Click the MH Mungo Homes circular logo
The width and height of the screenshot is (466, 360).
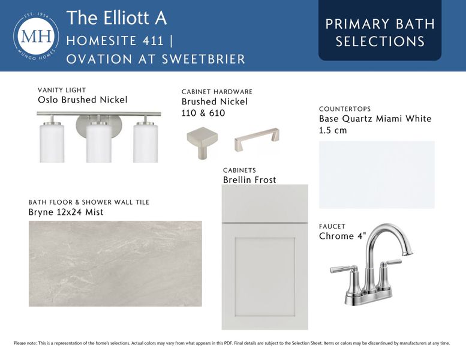pyautogui.click(x=35, y=36)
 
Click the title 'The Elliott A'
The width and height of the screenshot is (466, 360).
pyautogui.click(x=116, y=17)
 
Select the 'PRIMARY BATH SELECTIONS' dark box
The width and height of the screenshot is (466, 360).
pyautogui.click(x=380, y=32)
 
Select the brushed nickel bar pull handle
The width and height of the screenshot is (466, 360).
pyautogui.click(x=257, y=141)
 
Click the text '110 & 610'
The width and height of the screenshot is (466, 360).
pyautogui.click(x=203, y=113)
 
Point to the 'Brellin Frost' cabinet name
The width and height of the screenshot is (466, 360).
pyautogui.click(x=249, y=180)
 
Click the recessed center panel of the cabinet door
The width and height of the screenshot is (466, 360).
pyautogui.click(x=264, y=274)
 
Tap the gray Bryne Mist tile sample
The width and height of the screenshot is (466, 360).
pyautogui.click(x=115, y=263)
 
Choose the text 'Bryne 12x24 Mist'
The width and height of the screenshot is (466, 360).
pyautogui.click(x=66, y=212)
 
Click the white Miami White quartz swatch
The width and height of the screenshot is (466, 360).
pyautogui.click(x=377, y=175)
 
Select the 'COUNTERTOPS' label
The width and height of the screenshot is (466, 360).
pyautogui.click(x=345, y=109)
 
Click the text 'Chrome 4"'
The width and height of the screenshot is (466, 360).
pyautogui.click(x=342, y=236)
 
